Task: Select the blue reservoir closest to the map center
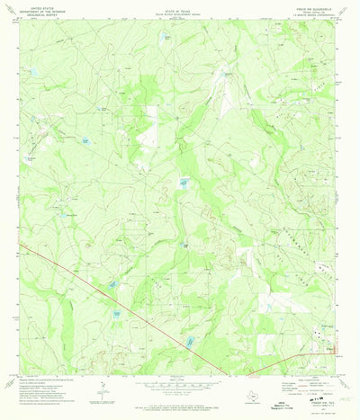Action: point(184,184)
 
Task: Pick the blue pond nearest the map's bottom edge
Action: point(190,342)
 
